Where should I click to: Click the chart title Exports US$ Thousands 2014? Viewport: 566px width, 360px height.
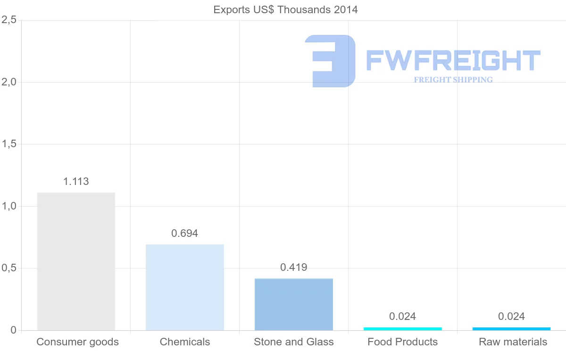point(285,9)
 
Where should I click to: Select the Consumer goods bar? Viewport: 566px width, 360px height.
point(76,261)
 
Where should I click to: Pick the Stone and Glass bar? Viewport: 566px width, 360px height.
point(294,304)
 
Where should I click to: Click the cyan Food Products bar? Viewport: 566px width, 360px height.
point(403,328)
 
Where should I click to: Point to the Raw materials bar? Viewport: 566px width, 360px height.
point(512,328)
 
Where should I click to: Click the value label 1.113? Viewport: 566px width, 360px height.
point(76,182)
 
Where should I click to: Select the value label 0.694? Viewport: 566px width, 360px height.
point(185,233)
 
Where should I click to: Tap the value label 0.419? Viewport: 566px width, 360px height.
point(294,268)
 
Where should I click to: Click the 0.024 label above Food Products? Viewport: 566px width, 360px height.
point(403,317)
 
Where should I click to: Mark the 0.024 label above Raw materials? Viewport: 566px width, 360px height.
point(512,317)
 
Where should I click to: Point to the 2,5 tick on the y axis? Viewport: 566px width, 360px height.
point(9,20)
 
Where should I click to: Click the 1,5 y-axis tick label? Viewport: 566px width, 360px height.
point(9,144)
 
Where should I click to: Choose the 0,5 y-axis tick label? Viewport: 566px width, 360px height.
point(9,268)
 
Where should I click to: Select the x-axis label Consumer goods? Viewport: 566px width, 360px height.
point(78,342)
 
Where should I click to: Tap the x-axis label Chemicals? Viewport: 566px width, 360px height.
point(185,342)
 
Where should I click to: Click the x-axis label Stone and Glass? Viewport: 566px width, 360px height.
point(294,342)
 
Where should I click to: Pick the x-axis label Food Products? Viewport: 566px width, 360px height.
point(403,342)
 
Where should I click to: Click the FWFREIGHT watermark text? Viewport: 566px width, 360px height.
point(453,60)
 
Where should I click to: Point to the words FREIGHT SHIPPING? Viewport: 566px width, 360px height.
point(453,80)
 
